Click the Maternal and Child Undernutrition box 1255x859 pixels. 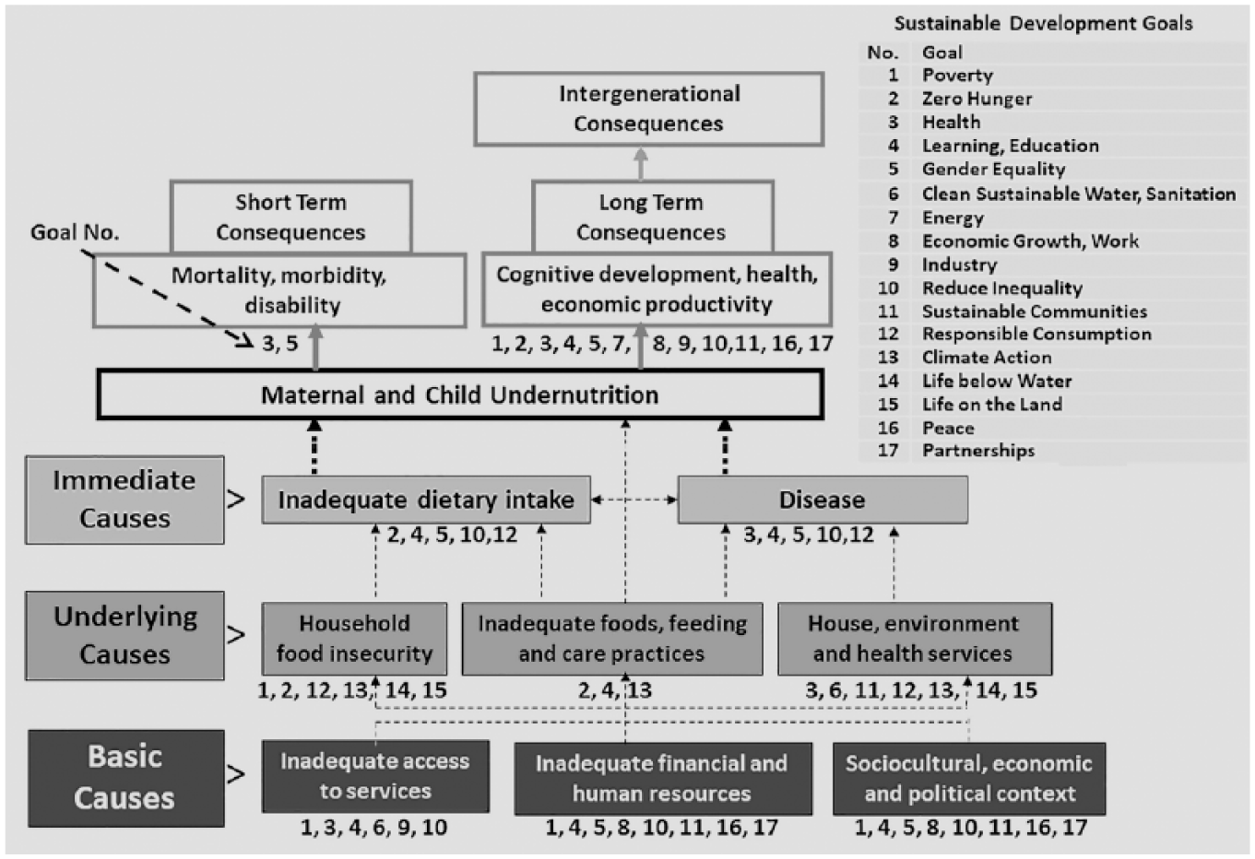[x=460, y=394]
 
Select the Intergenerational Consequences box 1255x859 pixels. [x=649, y=109]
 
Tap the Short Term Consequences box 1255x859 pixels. [x=290, y=217]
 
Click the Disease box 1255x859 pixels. [x=823, y=500]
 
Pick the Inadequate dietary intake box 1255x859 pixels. [x=426, y=500]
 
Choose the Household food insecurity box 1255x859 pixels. [x=354, y=639]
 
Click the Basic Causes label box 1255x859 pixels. [x=126, y=778]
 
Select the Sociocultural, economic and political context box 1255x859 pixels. [x=969, y=779]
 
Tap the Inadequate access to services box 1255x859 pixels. [x=375, y=776]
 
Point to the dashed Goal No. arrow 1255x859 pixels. [x=168, y=299]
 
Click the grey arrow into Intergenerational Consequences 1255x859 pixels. [x=641, y=163]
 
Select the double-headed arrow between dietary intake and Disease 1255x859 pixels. [x=634, y=500]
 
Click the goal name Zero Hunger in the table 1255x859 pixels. [x=977, y=99]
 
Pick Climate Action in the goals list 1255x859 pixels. [x=987, y=358]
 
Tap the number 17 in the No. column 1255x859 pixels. [x=888, y=450]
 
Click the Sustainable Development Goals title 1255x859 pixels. [x=1043, y=24]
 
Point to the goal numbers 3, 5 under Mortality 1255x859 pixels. [x=280, y=343]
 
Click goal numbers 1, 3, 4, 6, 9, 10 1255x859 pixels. [x=373, y=827]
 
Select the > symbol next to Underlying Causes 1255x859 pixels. [x=236, y=635]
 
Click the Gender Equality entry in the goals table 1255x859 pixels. [x=993, y=169]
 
